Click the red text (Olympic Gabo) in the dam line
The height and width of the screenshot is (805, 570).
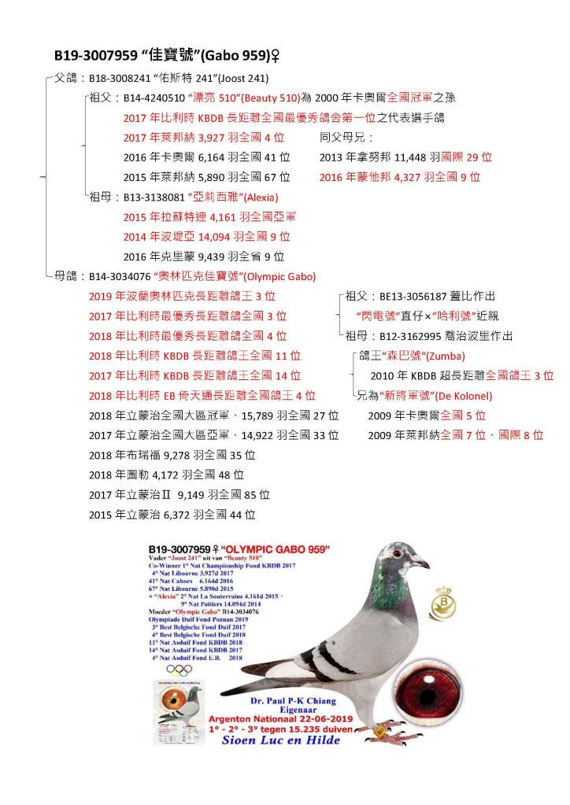[x=280, y=277]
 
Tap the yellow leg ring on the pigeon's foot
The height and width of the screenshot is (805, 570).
[x=380, y=731]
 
